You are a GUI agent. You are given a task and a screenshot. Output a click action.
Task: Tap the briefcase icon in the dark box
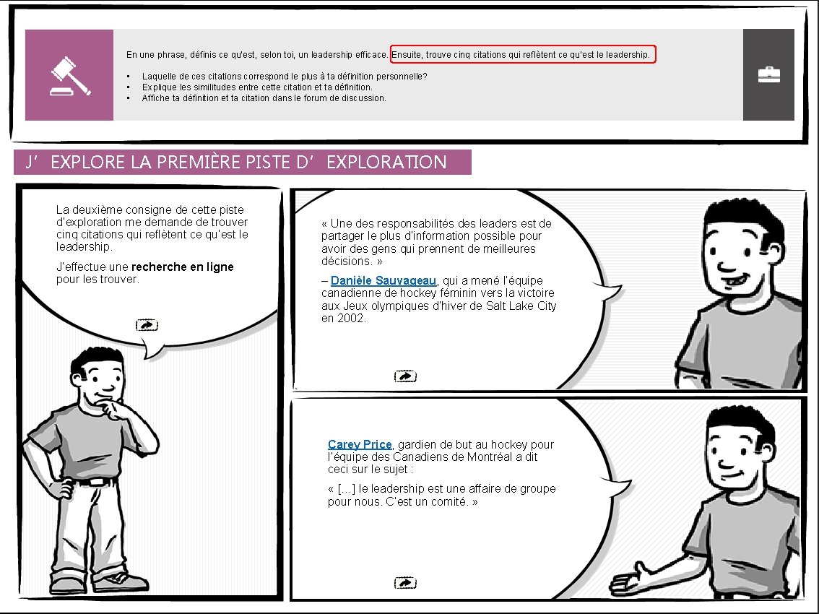(x=768, y=75)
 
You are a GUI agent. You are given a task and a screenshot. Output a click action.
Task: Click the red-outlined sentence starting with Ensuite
(x=523, y=55)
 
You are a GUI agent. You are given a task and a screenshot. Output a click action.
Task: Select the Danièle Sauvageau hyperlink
(x=383, y=280)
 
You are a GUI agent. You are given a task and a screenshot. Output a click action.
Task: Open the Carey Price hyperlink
(x=360, y=444)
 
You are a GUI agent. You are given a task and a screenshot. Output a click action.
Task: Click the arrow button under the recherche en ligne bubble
(x=147, y=325)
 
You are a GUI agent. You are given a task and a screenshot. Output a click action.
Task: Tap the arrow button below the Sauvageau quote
(x=405, y=376)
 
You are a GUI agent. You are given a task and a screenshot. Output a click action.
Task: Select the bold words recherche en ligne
(x=183, y=267)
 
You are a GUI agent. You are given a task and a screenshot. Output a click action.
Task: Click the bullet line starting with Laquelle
(x=285, y=76)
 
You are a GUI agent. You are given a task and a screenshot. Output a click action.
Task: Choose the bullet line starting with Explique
(x=257, y=87)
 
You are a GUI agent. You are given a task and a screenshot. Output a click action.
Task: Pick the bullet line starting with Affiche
(x=264, y=98)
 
